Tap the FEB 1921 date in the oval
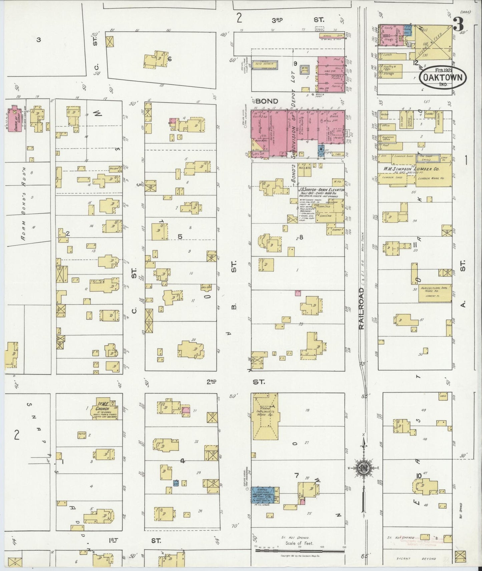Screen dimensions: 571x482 [443, 70]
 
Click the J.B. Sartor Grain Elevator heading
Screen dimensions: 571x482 [321, 190]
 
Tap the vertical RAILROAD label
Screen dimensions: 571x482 [362, 308]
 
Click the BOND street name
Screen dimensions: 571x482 [268, 101]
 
